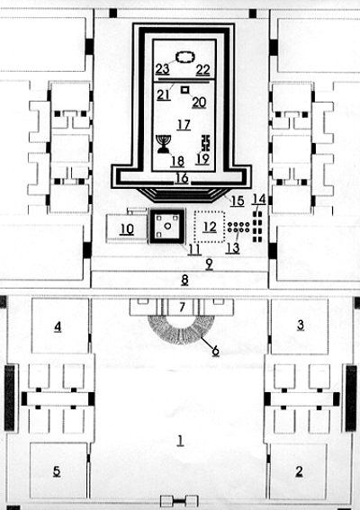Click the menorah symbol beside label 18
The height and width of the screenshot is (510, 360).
pos(164,144)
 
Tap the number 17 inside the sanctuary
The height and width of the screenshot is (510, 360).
pos(184,125)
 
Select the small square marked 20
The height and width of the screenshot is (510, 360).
pos(185,89)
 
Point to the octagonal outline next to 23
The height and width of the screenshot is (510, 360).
pos(185,58)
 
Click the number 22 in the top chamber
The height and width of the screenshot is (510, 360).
pos(202,69)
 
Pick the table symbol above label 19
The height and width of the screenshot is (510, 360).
pos(206,143)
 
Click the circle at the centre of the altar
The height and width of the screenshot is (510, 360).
pos(167,226)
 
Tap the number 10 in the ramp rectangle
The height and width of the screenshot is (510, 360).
pos(127,229)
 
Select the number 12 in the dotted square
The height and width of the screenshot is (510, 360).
pos(210,227)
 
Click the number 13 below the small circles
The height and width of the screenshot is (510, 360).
pos(233,248)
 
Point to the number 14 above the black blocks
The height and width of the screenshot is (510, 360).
pos(259,199)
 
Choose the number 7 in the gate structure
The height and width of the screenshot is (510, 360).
pos(182,307)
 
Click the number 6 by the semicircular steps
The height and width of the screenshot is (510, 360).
pos(215,351)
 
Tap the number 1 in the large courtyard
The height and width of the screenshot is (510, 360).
pos(180,440)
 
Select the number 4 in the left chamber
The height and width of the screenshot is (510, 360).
pos(58,327)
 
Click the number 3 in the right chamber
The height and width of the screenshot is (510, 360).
pos(300,325)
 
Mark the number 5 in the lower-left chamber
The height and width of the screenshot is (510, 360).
pos(57,471)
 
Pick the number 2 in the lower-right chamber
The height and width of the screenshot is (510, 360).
pos(299,471)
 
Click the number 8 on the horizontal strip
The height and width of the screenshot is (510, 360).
pos(184,280)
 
